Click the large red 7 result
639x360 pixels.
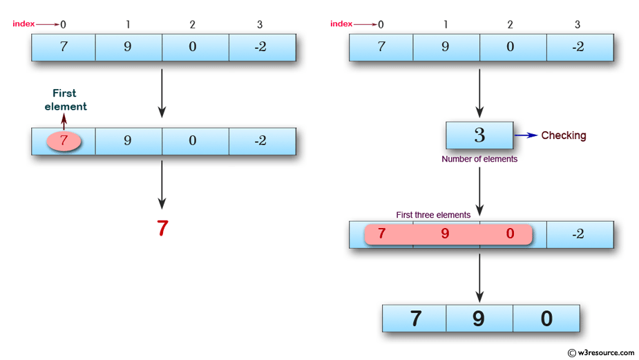162,229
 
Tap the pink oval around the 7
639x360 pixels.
64,141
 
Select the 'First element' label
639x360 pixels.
66,100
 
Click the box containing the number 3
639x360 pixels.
479,135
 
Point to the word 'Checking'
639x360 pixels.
563,135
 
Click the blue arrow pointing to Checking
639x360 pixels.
526,135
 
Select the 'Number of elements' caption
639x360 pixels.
479,159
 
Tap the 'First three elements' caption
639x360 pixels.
433,215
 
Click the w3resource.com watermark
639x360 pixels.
601,352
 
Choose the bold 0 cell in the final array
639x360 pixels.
546,319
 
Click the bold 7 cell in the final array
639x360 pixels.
414,319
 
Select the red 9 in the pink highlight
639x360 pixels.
445,234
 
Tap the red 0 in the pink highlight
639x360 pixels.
511,234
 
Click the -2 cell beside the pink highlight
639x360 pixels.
579,234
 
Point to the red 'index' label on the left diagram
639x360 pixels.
24,24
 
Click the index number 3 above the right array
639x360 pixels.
578,25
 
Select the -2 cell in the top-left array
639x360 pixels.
260,48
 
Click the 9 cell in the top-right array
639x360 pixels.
445,48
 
